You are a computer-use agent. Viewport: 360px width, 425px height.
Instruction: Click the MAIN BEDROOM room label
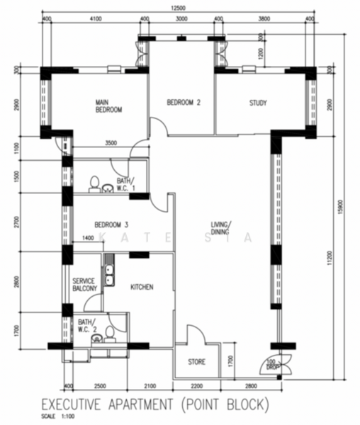(109, 106)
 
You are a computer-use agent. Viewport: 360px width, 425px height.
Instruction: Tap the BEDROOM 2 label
(184, 103)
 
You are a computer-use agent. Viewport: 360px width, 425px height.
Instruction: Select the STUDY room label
(258, 103)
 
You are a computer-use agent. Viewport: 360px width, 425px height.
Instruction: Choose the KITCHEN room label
(142, 287)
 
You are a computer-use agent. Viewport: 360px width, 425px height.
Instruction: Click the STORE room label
(196, 362)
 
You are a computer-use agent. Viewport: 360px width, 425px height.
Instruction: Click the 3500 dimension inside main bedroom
(111, 143)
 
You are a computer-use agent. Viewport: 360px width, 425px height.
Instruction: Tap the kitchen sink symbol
(108, 273)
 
